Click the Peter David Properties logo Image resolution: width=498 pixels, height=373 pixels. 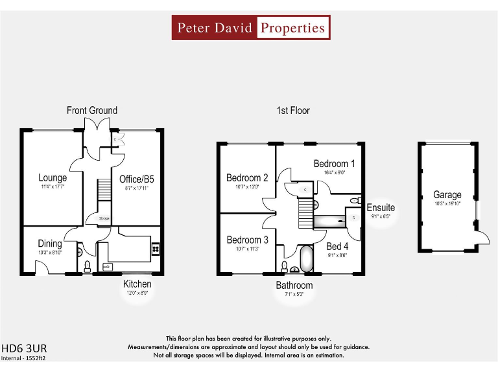tap(251, 28)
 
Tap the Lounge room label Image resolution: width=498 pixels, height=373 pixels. tap(53, 177)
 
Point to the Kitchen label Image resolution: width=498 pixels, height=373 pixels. tap(137, 284)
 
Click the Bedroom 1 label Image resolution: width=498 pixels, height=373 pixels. tap(334, 164)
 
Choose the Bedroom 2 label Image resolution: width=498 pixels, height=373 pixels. tap(247, 177)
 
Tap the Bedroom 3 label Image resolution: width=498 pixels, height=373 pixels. tap(247, 240)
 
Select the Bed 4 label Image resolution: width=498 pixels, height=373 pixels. tap(337, 246)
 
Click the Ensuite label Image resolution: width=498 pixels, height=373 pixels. tap(381, 208)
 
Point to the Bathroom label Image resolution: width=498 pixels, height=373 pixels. tap(294, 285)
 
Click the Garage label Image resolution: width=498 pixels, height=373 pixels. tap(447, 195)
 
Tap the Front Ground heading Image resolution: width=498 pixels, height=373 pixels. tap(92, 111)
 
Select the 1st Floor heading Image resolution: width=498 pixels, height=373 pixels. tap(293, 111)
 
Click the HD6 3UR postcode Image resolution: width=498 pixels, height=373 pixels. tap(24, 347)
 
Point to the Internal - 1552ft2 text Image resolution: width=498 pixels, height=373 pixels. tap(23, 357)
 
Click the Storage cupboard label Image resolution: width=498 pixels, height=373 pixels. tap(104, 220)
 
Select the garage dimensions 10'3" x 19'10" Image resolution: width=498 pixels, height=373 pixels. tap(447, 204)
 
